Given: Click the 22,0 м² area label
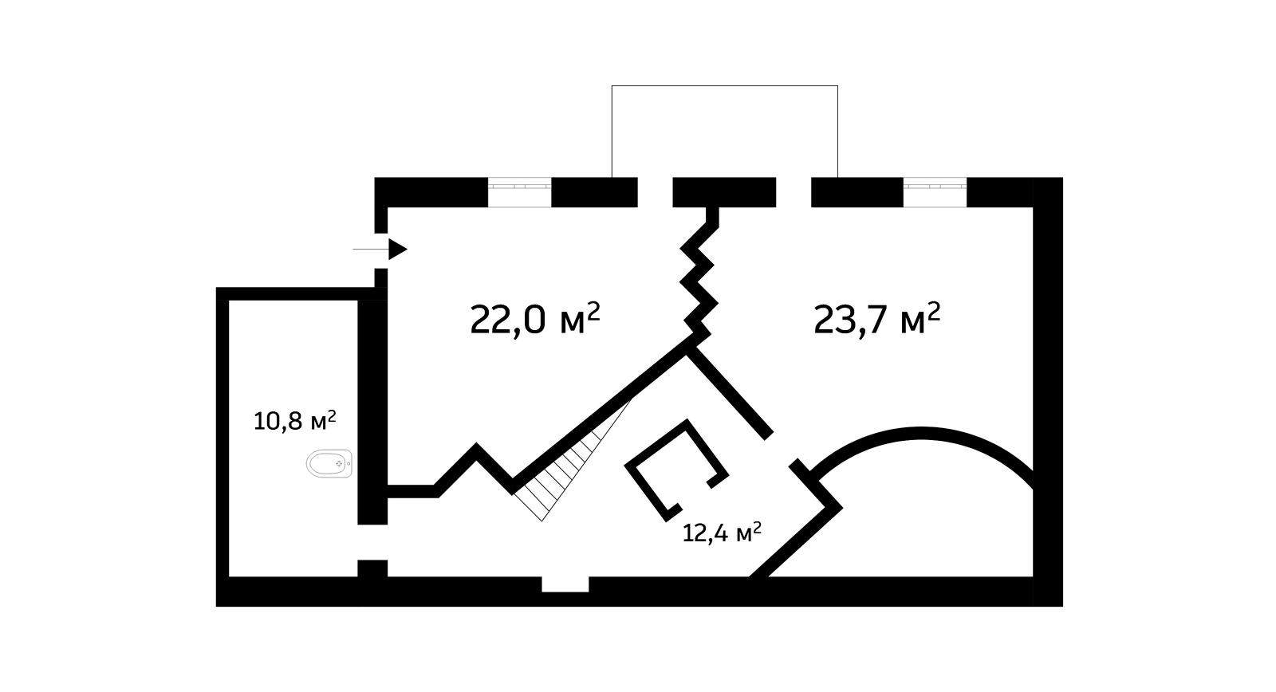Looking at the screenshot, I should [534, 320].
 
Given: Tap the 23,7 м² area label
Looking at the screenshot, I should [876, 320].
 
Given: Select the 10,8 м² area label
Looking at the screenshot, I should [293, 420].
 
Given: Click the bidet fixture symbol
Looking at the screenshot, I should [330, 463].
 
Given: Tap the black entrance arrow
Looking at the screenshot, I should [397, 250].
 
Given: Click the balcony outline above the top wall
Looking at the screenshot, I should [724, 85].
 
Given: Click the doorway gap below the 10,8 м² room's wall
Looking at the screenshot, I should [372, 543].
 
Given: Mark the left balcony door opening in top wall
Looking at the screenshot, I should [655, 192].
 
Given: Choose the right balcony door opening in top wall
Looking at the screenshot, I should [794, 192].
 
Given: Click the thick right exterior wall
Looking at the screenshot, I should [1048, 391].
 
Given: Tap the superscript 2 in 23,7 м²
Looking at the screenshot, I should [933, 309].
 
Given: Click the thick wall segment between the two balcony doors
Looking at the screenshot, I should [724, 192].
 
